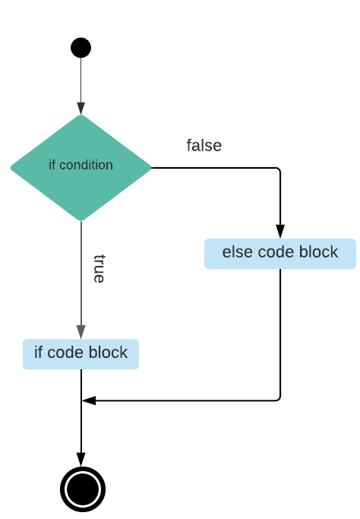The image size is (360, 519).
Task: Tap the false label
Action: [x=204, y=145]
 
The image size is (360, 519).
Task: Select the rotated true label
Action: [x=99, y=268]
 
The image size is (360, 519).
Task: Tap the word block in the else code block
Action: [x=320, y=252]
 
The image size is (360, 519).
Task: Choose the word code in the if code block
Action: [x=66, y=353]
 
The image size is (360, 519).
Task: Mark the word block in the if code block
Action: [x=109, y=353]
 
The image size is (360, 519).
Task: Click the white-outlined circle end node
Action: [x=83, y=489]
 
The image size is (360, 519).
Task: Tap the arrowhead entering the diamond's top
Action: [x=81, y=108]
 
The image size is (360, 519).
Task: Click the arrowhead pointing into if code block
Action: [x=81, y=331]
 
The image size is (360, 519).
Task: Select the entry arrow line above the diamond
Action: [x=81, y=80]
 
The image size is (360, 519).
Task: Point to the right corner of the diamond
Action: [x=150, y=167]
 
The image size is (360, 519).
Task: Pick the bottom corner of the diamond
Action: [x=81, y=220]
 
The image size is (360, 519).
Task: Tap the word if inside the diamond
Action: [x=52, y=165]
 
